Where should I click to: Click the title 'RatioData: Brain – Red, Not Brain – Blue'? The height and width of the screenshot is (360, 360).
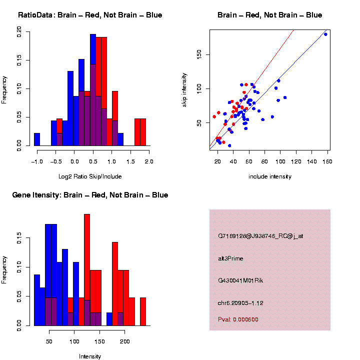[x=90, y=15]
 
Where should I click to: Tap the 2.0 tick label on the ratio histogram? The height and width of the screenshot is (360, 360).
[x=148, y=161]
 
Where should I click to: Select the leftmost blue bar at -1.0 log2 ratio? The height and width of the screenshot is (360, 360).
[x=37, y=139]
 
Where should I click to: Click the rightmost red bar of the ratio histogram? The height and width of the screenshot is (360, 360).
[x=143, y=132]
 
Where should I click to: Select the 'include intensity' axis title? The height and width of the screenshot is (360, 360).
[x=270, y=176]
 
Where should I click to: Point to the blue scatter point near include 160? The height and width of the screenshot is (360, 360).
[x=325, y=34]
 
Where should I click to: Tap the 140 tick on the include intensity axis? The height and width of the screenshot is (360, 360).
[x=312, y=161]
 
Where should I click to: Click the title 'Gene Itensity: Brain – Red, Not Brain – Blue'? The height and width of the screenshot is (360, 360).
[x=90, y=195]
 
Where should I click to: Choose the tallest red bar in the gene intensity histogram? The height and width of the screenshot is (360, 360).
[x=87, y=270]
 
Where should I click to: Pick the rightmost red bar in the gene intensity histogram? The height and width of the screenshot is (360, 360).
[x=143, y=311]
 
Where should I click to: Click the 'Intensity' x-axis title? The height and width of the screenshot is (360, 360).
[x=90, y=356]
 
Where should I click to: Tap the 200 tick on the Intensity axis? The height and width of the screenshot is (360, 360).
[x=124, y=341]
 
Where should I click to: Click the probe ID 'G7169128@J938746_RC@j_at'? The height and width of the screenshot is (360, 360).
[x=260, y=236]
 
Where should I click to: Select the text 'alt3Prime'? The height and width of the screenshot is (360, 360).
[x=230, y=258]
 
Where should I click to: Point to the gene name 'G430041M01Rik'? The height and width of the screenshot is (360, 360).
[x=240, y=280]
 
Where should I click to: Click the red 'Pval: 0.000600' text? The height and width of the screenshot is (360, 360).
[x=238, y=319]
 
